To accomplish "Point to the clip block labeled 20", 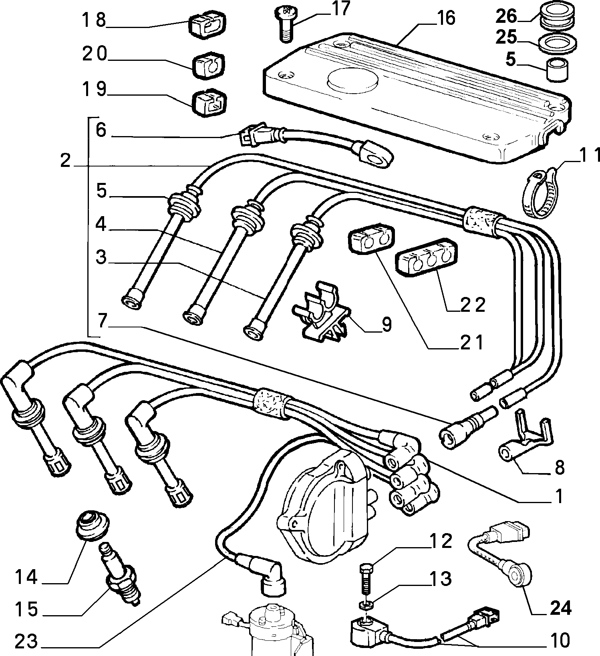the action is coord(209,65).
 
